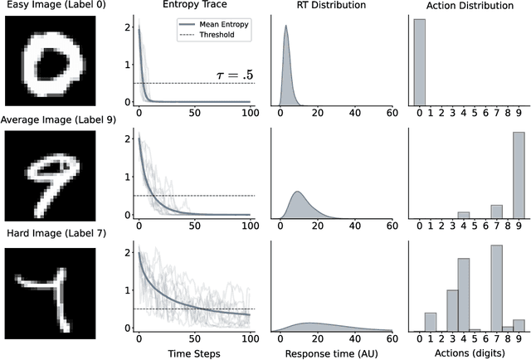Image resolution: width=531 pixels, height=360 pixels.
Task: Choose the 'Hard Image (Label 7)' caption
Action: coord(53,233)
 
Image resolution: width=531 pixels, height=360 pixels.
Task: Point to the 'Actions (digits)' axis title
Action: coord(470,351)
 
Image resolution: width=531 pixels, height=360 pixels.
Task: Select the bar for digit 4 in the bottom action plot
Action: coord(464,295)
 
